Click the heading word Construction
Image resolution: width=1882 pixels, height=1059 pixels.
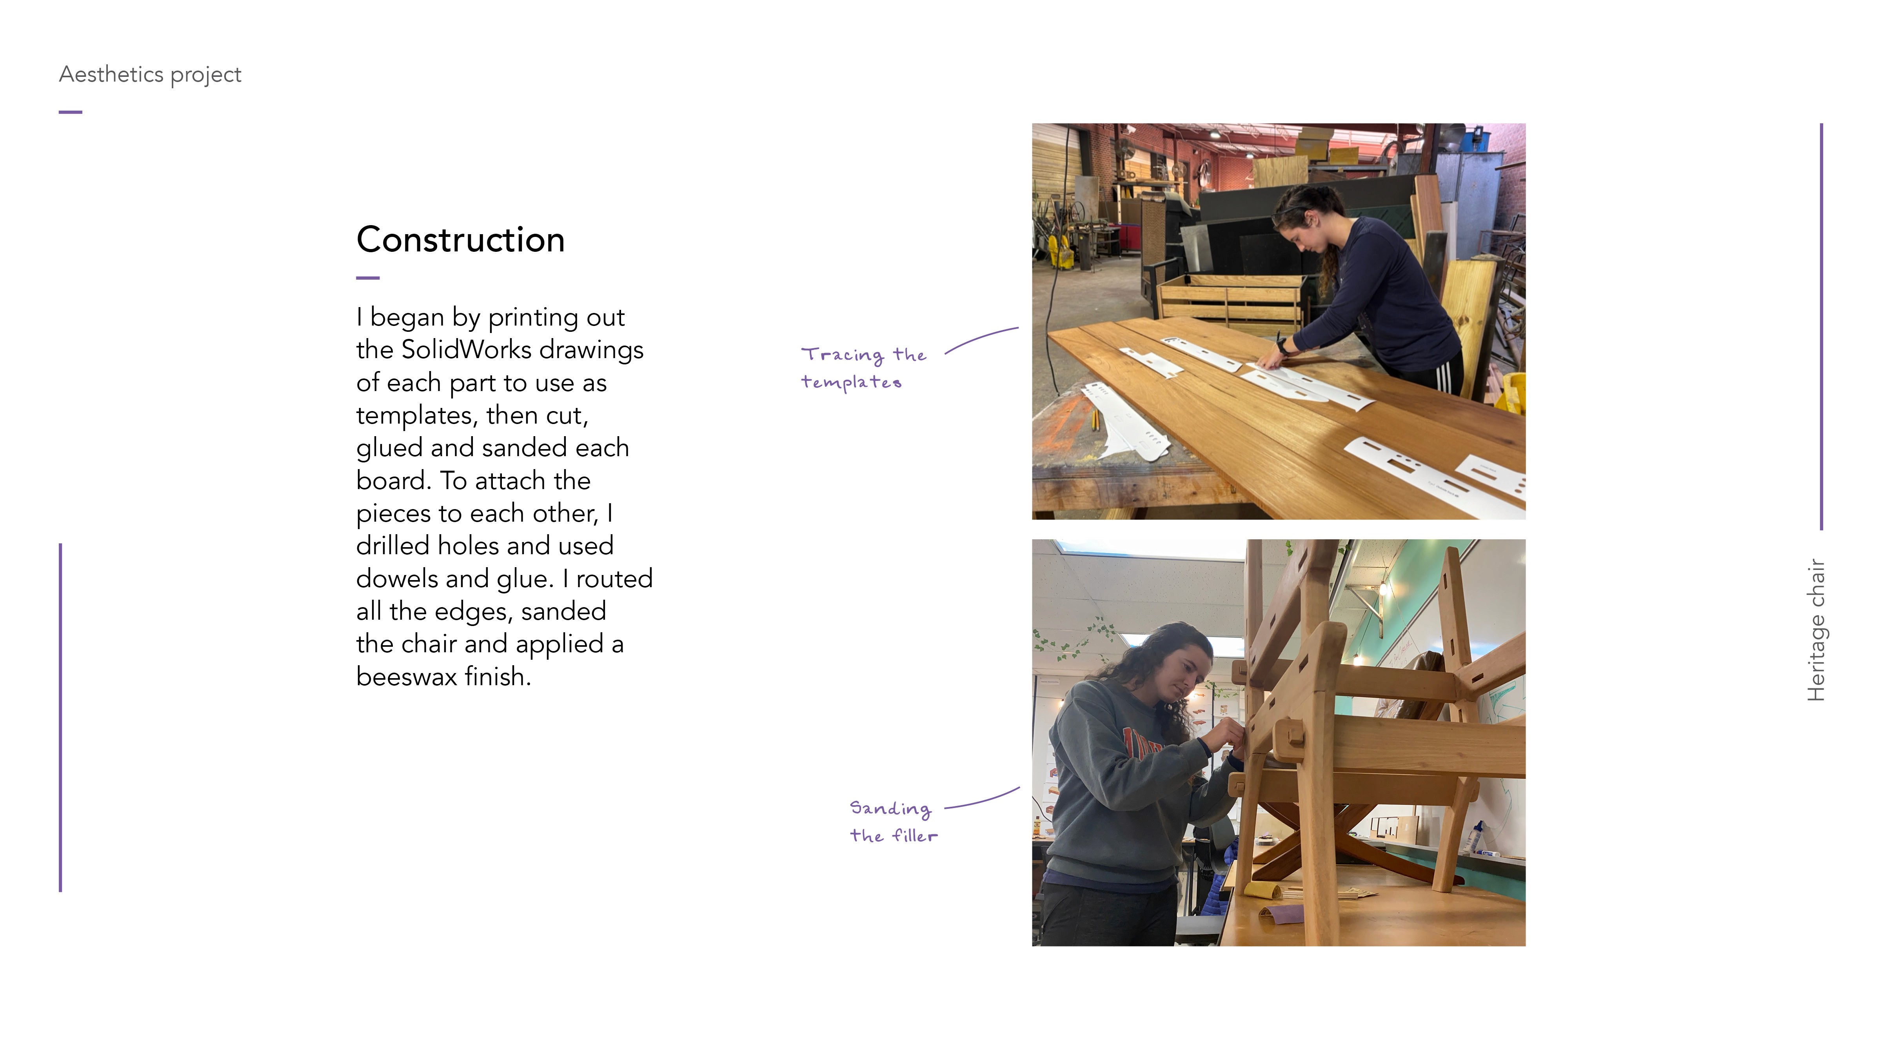tap(460, 240)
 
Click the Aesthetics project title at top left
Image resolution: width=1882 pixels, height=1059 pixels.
tap(150, 75)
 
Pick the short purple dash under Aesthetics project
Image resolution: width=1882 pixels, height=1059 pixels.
tap(70, 112)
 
